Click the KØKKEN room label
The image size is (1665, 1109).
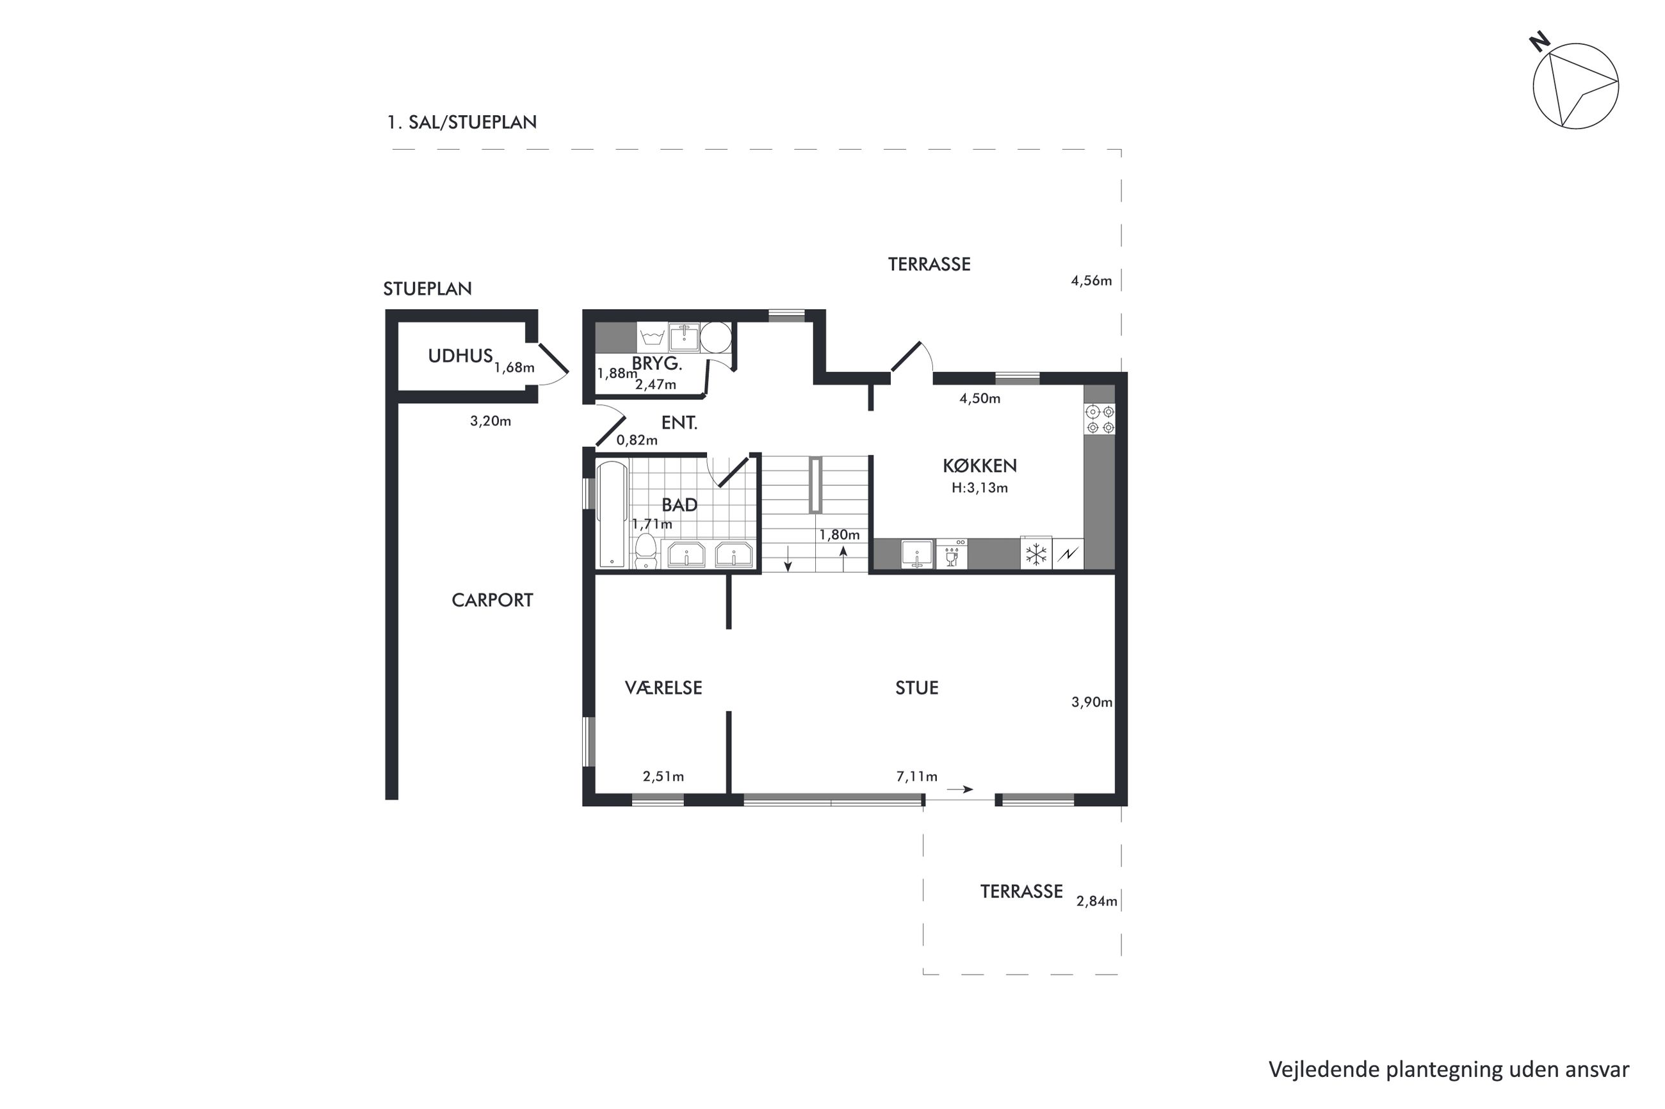tap(979, 465)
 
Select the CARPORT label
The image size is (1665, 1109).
tap(492, 600)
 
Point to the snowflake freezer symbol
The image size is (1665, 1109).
tap(1036, 554)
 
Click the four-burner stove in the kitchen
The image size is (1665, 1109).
tap(1100, 419)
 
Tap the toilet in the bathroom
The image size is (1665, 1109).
tap(645, 552)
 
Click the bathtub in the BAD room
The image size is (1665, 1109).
tap(612, 515)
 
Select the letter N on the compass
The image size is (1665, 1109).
tap(1539, 42)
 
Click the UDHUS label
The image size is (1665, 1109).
tap(460, 356)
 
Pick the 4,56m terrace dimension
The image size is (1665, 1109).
tap(1091, 281)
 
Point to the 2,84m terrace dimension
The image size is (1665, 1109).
tap(1097, 902)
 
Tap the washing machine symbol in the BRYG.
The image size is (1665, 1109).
tap(651, 337)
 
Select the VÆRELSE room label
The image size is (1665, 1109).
tap(663, 687)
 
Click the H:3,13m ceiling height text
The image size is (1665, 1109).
tap(979, 488)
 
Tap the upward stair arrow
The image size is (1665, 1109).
tap(843, 558)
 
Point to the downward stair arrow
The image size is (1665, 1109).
tap(788, 558)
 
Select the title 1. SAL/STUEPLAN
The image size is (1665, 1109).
tap(461, 122)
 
